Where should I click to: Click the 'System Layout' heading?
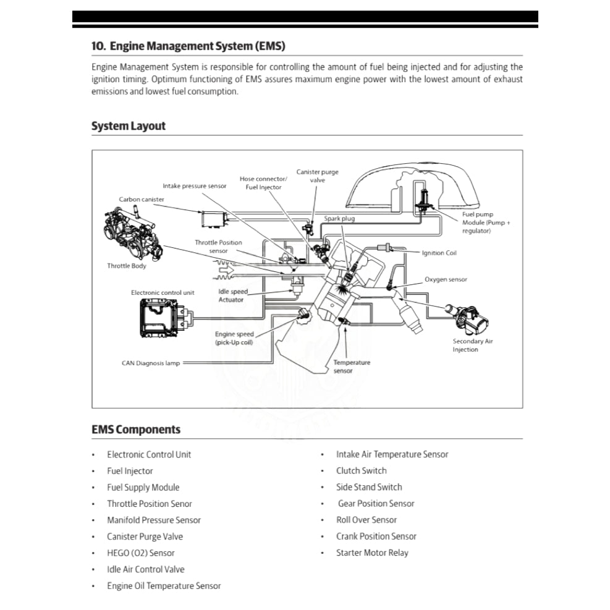[129, 126]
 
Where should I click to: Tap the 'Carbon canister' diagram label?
[142, 200]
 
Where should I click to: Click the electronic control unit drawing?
[163, 317]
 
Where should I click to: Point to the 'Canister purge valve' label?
[317, 176]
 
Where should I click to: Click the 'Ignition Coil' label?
[439, 253]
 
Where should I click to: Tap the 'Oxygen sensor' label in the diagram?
[446, 279]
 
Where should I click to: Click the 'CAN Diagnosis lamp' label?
[151, 363]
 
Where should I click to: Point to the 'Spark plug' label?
[339, 219]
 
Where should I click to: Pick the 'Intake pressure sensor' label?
[195, 185]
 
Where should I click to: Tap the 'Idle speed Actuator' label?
[232, 295]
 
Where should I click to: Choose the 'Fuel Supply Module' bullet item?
[143, 487]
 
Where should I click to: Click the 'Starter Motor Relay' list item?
[372, 553]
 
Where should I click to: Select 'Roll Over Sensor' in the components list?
[366, 520]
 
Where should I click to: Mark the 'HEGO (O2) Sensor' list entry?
[140, 553]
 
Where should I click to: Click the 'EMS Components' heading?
[136, 430]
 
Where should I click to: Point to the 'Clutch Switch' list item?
[362, 470]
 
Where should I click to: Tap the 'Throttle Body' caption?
[127, 266]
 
